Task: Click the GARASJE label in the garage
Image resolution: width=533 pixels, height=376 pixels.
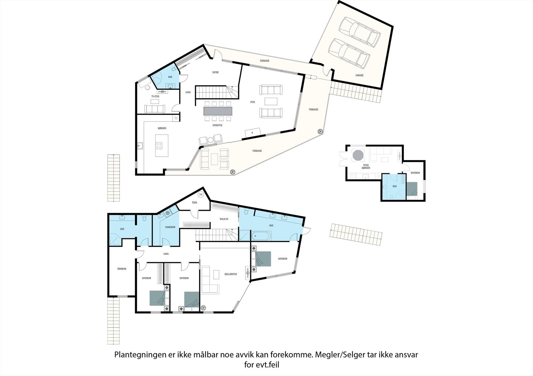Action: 359,75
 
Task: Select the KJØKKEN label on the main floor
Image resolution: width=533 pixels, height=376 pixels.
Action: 162,128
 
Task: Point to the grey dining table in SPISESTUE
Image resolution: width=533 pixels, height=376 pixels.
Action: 218,110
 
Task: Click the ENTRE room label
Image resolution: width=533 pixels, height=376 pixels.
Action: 216,72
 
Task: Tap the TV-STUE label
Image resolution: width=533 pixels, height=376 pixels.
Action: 155,96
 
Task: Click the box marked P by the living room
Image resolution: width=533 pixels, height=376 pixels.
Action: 252,133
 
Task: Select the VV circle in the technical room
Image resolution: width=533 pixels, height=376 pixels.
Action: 201,194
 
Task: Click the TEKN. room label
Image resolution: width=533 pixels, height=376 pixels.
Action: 195,202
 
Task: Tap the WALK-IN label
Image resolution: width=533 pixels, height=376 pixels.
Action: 224,219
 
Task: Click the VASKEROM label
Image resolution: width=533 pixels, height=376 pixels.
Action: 170,227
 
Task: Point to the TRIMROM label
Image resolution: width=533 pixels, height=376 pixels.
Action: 122,269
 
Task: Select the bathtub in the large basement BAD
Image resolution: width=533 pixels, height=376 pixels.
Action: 262,236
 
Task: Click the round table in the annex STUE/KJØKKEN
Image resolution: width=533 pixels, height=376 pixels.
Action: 358,155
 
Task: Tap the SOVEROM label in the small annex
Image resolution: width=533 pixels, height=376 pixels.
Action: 415,173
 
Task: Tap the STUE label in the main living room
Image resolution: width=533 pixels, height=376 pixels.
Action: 253,102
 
